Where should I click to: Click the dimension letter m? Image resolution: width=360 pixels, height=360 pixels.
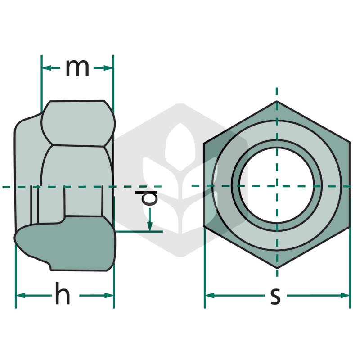77,68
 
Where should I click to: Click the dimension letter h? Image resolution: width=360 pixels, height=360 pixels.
63,293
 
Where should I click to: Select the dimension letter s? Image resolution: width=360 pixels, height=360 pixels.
275,297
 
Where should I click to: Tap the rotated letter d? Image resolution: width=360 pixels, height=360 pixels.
146,198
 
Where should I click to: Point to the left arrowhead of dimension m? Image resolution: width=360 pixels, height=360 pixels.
47,68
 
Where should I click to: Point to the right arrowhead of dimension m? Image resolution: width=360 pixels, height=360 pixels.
108,68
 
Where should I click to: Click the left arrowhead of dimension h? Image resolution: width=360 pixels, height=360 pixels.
21,296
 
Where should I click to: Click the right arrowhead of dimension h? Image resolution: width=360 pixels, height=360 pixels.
109,296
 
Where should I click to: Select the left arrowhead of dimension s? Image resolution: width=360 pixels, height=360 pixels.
210,296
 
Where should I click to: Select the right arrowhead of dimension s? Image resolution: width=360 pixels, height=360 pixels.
345,296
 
